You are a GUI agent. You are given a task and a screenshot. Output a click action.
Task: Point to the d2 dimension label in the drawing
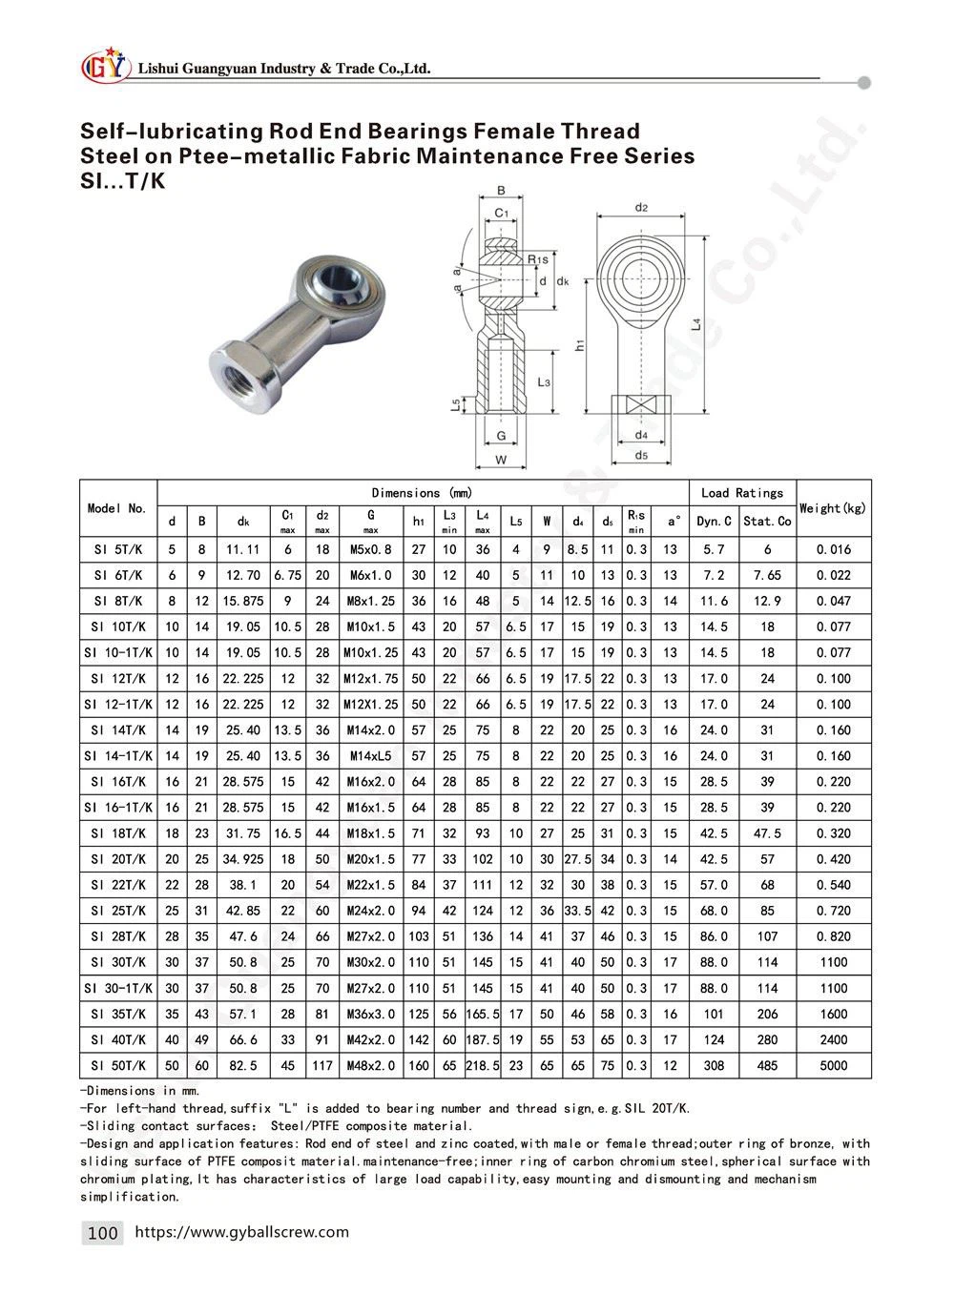pos(641,207)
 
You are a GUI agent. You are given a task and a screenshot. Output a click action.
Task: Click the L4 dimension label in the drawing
pos(697,324)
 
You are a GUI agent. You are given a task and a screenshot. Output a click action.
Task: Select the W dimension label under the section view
pos(501,461)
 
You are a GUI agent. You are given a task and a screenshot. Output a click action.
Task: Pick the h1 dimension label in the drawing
pos(580,345)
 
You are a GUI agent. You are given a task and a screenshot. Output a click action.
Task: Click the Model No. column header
pos(117,508)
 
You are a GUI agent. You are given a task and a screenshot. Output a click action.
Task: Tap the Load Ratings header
pos(741,493)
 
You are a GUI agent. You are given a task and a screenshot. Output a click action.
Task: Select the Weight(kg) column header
pos(833,508)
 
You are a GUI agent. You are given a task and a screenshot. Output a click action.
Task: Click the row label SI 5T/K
pos(117,549)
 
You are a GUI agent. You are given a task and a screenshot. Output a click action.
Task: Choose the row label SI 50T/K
pos(117,1066)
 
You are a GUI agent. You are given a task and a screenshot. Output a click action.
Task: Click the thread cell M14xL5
pos(370,756)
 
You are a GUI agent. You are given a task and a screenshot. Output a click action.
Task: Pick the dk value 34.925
pos(241,859)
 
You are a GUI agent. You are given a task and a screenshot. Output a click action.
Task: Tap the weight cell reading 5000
pos(833,1066)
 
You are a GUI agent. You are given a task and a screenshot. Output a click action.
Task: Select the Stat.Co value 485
pos(767,1066)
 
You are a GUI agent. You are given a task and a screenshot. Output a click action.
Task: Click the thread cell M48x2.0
pos(370,1066)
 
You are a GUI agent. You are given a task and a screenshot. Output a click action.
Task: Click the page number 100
pos(102,1233)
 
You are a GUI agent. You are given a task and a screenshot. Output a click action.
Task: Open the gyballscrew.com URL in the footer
pos(242,1232)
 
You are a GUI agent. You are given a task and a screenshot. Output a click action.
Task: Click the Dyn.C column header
pos(714,522)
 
